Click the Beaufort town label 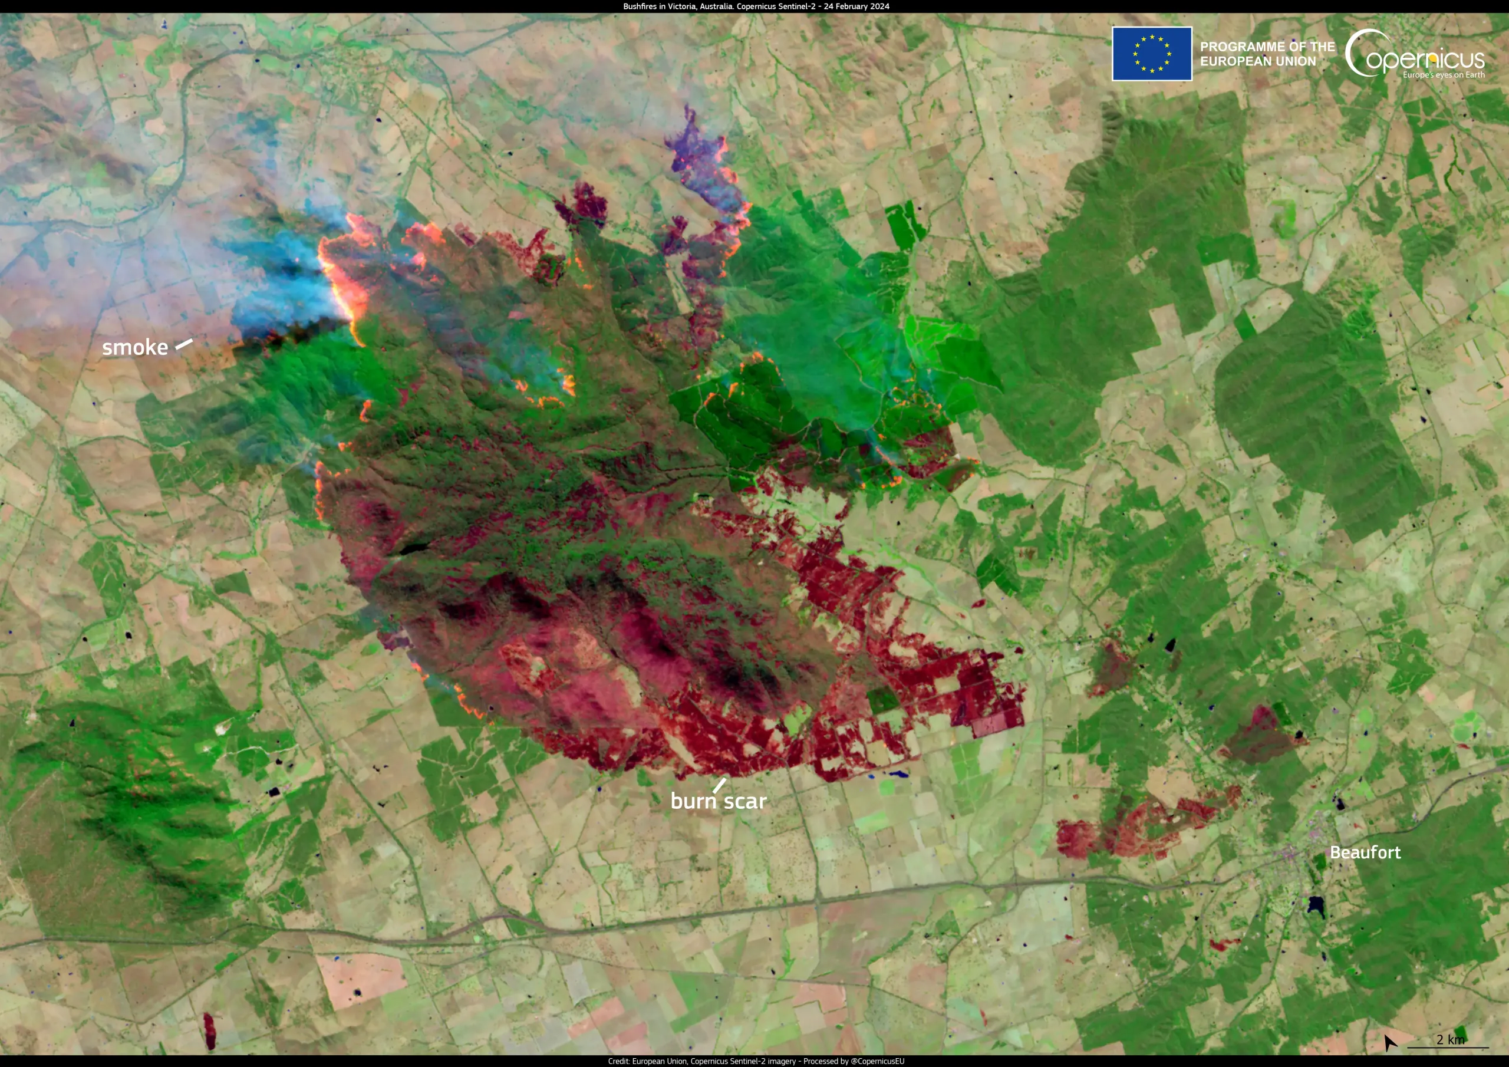click(x=1365, y=852)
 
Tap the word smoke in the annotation click(x=135, y=347)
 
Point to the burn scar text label click(x=719, y=801)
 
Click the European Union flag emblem click(x=1151, y=54)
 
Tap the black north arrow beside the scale click(x=1389, y=1042)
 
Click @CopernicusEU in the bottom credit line click(x=878, y=1061)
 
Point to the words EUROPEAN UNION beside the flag click(x=1258, y=62)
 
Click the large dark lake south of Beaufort click(x=1315, y=905)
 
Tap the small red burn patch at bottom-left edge click(x=209, y=1030)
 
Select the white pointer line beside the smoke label click(x=183, y=344)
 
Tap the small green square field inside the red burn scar click(x=882, y=700)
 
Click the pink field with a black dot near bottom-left click(x=358, y=980)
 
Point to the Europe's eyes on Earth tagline click(x=1444, y=75)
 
